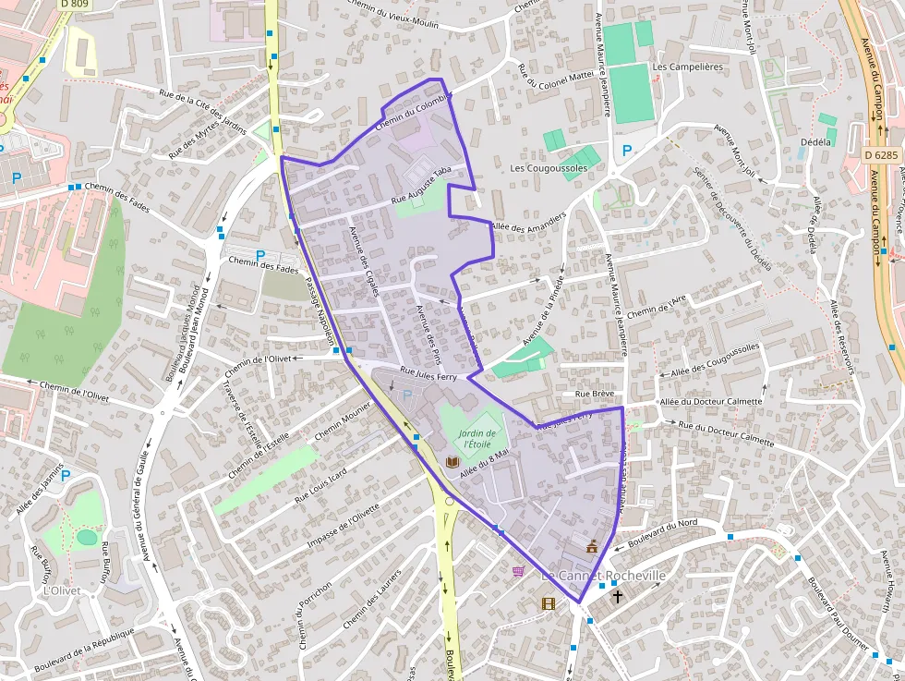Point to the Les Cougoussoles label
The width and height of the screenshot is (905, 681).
coord(549,168)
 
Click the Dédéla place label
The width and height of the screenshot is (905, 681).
coord(816,142)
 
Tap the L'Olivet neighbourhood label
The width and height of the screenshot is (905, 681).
coord(62,590)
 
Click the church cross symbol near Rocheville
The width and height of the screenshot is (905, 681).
coord(617,597)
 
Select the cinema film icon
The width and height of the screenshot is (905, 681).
coord(549,603)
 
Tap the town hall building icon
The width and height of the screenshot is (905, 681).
coord(592,547)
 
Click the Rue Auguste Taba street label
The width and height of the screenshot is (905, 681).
coord(422,185)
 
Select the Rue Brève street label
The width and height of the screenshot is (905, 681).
coord(595,394)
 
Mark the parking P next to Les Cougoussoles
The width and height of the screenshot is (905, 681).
coord(627,151)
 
